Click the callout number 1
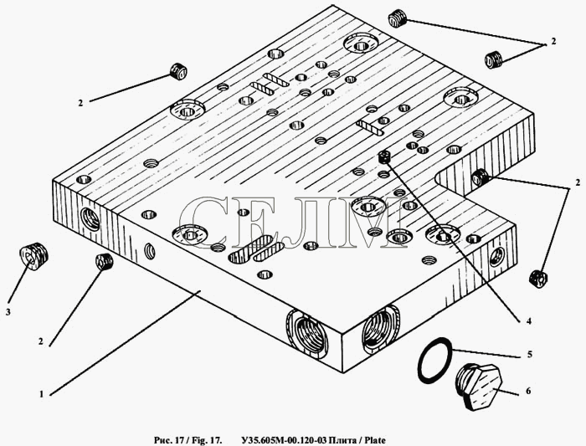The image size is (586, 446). (42, 394)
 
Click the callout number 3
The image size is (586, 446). (8, 312)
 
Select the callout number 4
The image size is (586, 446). (528, 320)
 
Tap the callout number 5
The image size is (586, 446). (529, 354)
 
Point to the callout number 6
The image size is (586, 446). (528, 391)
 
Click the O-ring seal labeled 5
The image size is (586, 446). (434, 360)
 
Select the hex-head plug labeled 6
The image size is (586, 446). (479, 387)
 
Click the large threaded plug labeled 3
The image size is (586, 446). (33, 256)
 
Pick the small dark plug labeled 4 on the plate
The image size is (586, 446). (383, 156)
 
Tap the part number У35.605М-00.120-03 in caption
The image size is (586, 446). (284, 440)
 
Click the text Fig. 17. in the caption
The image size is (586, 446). (207, 440)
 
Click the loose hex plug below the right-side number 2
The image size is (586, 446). (538, 279)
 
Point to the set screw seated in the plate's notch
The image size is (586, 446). (480, 177)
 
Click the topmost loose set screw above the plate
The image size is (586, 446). (398, 19)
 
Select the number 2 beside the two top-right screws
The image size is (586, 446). (553, 41)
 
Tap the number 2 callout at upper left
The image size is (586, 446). (80, 103)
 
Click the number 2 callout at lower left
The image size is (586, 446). (41, 341)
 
